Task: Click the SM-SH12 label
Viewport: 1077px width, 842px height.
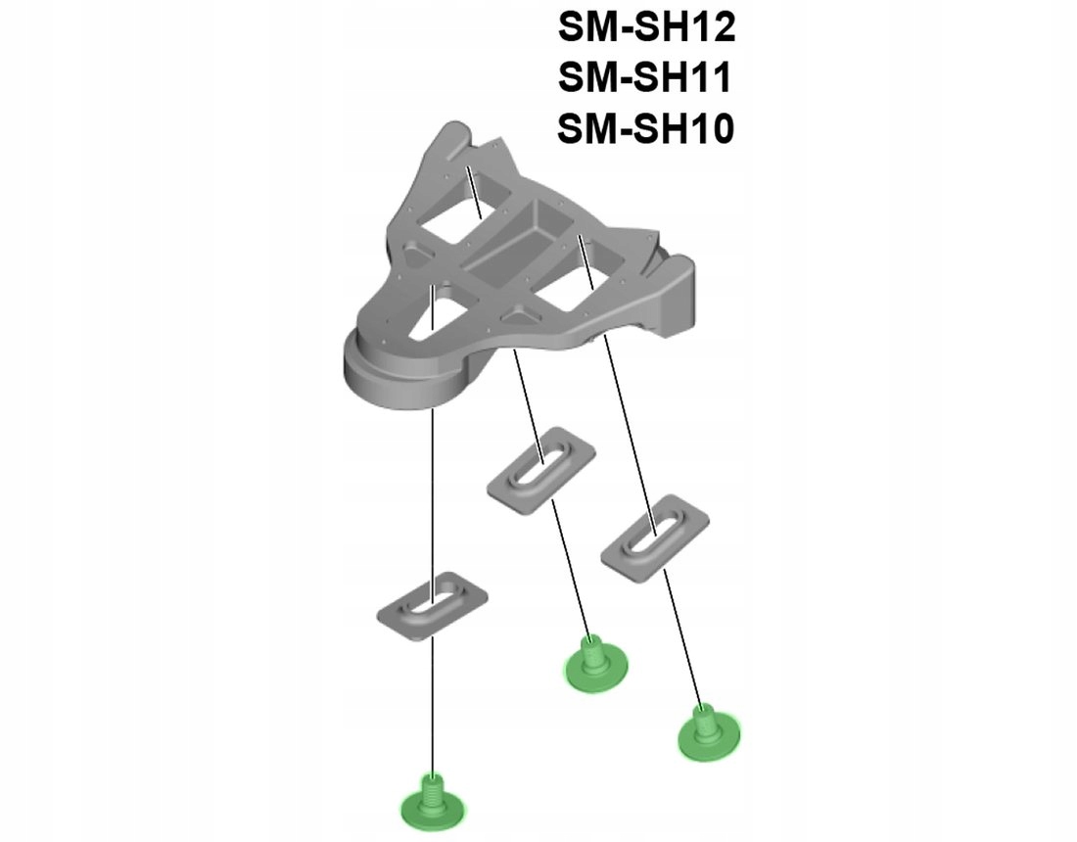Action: click(646, 28)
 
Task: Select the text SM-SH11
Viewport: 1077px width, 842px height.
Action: click(646, 77)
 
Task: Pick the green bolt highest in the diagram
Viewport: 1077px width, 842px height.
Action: click(593, 660)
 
